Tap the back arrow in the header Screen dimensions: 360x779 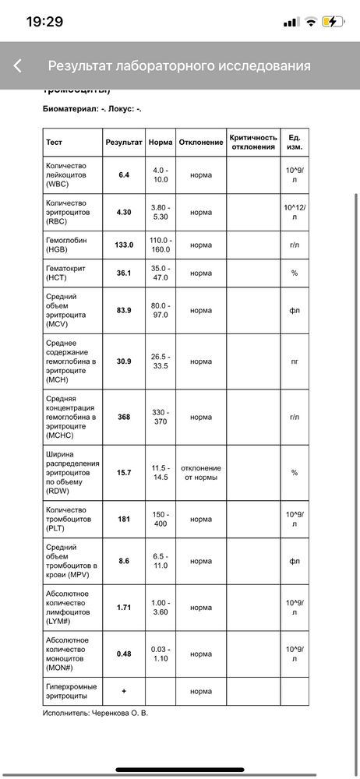pos(17,66)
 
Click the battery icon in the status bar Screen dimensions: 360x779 pos(333,22)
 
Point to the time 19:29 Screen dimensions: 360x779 pos(44,22)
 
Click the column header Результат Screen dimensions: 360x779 pos(124,143)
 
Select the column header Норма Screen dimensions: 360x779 pos(161,143)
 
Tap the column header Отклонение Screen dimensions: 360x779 pos(200,143)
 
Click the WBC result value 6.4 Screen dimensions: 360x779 pos(124,175)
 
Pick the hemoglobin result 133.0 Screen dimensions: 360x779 pos(124,245)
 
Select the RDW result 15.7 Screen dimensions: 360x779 pos(124,473)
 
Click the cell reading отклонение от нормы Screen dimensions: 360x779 pos(200,473)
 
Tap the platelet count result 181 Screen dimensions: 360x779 pos(124,519)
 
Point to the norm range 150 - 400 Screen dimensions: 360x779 pos(161,519)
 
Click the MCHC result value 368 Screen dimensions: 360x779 pos(124,417)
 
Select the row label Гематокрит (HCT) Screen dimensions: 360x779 pos(67,273)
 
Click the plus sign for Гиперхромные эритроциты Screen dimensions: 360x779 pos(124,691)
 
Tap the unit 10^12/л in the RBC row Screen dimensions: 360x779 pos(294,212)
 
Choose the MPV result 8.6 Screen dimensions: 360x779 pos(124,561)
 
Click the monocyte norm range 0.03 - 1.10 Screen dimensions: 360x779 pos(161,654)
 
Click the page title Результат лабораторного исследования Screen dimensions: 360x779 pos(179,66)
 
